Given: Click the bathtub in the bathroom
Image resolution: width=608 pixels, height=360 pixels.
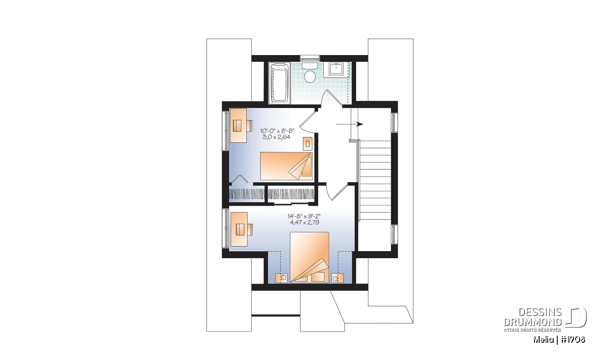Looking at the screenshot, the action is pos(280,83).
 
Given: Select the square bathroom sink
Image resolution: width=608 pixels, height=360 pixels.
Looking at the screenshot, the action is pos(336,69).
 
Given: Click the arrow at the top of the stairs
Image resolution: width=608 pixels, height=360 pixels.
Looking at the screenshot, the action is pos(349,124).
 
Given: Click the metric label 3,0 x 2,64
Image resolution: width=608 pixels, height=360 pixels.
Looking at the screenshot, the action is pos(276,137).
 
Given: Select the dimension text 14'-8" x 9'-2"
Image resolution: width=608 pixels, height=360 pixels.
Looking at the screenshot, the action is pos(305,217).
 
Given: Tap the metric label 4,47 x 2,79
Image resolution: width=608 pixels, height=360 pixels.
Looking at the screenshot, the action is pos(305,222).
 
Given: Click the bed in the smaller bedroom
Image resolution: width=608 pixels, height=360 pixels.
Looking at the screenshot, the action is pos(287,166).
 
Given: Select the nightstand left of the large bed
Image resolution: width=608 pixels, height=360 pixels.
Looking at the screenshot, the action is pos(281,278).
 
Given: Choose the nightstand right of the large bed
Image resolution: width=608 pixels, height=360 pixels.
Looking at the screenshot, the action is pos(337,278).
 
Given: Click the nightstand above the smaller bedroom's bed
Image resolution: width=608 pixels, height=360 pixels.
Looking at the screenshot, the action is pos(308,143).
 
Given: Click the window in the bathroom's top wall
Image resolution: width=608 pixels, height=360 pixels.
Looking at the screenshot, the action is pos(310,58).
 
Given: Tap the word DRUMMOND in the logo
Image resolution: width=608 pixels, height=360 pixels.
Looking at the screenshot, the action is pos(533,322).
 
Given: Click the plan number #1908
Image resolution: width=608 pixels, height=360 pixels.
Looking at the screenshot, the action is pos(572,340).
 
